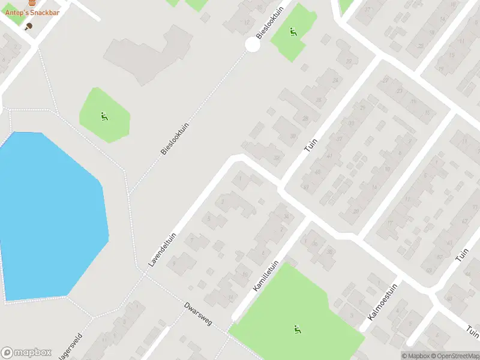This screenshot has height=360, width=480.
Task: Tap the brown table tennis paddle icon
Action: [28, 26]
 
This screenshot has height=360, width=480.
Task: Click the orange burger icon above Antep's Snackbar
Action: [32, 3]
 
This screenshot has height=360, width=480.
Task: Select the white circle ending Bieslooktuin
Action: [253, 44]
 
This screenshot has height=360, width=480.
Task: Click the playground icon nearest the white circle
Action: [293, 32]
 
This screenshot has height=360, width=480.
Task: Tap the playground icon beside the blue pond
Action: [104, 116]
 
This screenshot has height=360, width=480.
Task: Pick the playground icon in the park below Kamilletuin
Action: [297, 329]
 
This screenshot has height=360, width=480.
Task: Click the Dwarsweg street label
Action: [198, 313]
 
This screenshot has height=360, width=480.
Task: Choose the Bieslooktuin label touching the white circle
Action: [269, 24]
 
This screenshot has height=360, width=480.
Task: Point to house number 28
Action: [305, 118]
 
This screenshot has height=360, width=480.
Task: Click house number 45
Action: [317, 173]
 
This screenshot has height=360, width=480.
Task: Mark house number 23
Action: [399, 91]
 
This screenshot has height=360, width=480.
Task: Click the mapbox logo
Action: [26, 353]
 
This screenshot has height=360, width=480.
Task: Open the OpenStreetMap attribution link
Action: [454, 356]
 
